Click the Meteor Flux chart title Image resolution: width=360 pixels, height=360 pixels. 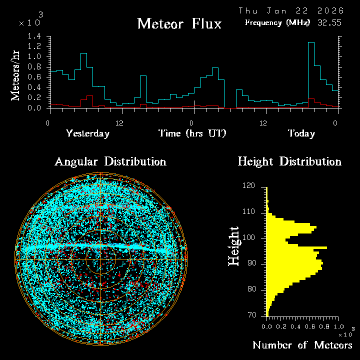coord(179,23)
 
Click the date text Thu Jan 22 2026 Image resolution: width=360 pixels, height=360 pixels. coord(291,10)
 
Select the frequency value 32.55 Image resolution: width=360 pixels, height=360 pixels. coord(329,22)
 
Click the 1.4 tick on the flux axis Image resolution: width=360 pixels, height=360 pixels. coord(34,36)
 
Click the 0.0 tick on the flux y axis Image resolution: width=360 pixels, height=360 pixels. coord(34,108)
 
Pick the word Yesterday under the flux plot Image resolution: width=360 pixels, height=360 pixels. coord(87,133)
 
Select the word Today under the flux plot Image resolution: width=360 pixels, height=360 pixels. coord(301,133)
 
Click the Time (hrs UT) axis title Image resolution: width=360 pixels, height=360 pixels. coord(192,133)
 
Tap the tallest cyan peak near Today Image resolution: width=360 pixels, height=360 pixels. coord(311,43)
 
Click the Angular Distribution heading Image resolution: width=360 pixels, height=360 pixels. coord(110,162)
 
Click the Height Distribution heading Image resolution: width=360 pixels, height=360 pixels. coord(289,162)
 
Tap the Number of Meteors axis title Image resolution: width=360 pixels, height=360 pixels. coord(302,345)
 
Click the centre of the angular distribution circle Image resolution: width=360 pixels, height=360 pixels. coord(100,259)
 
